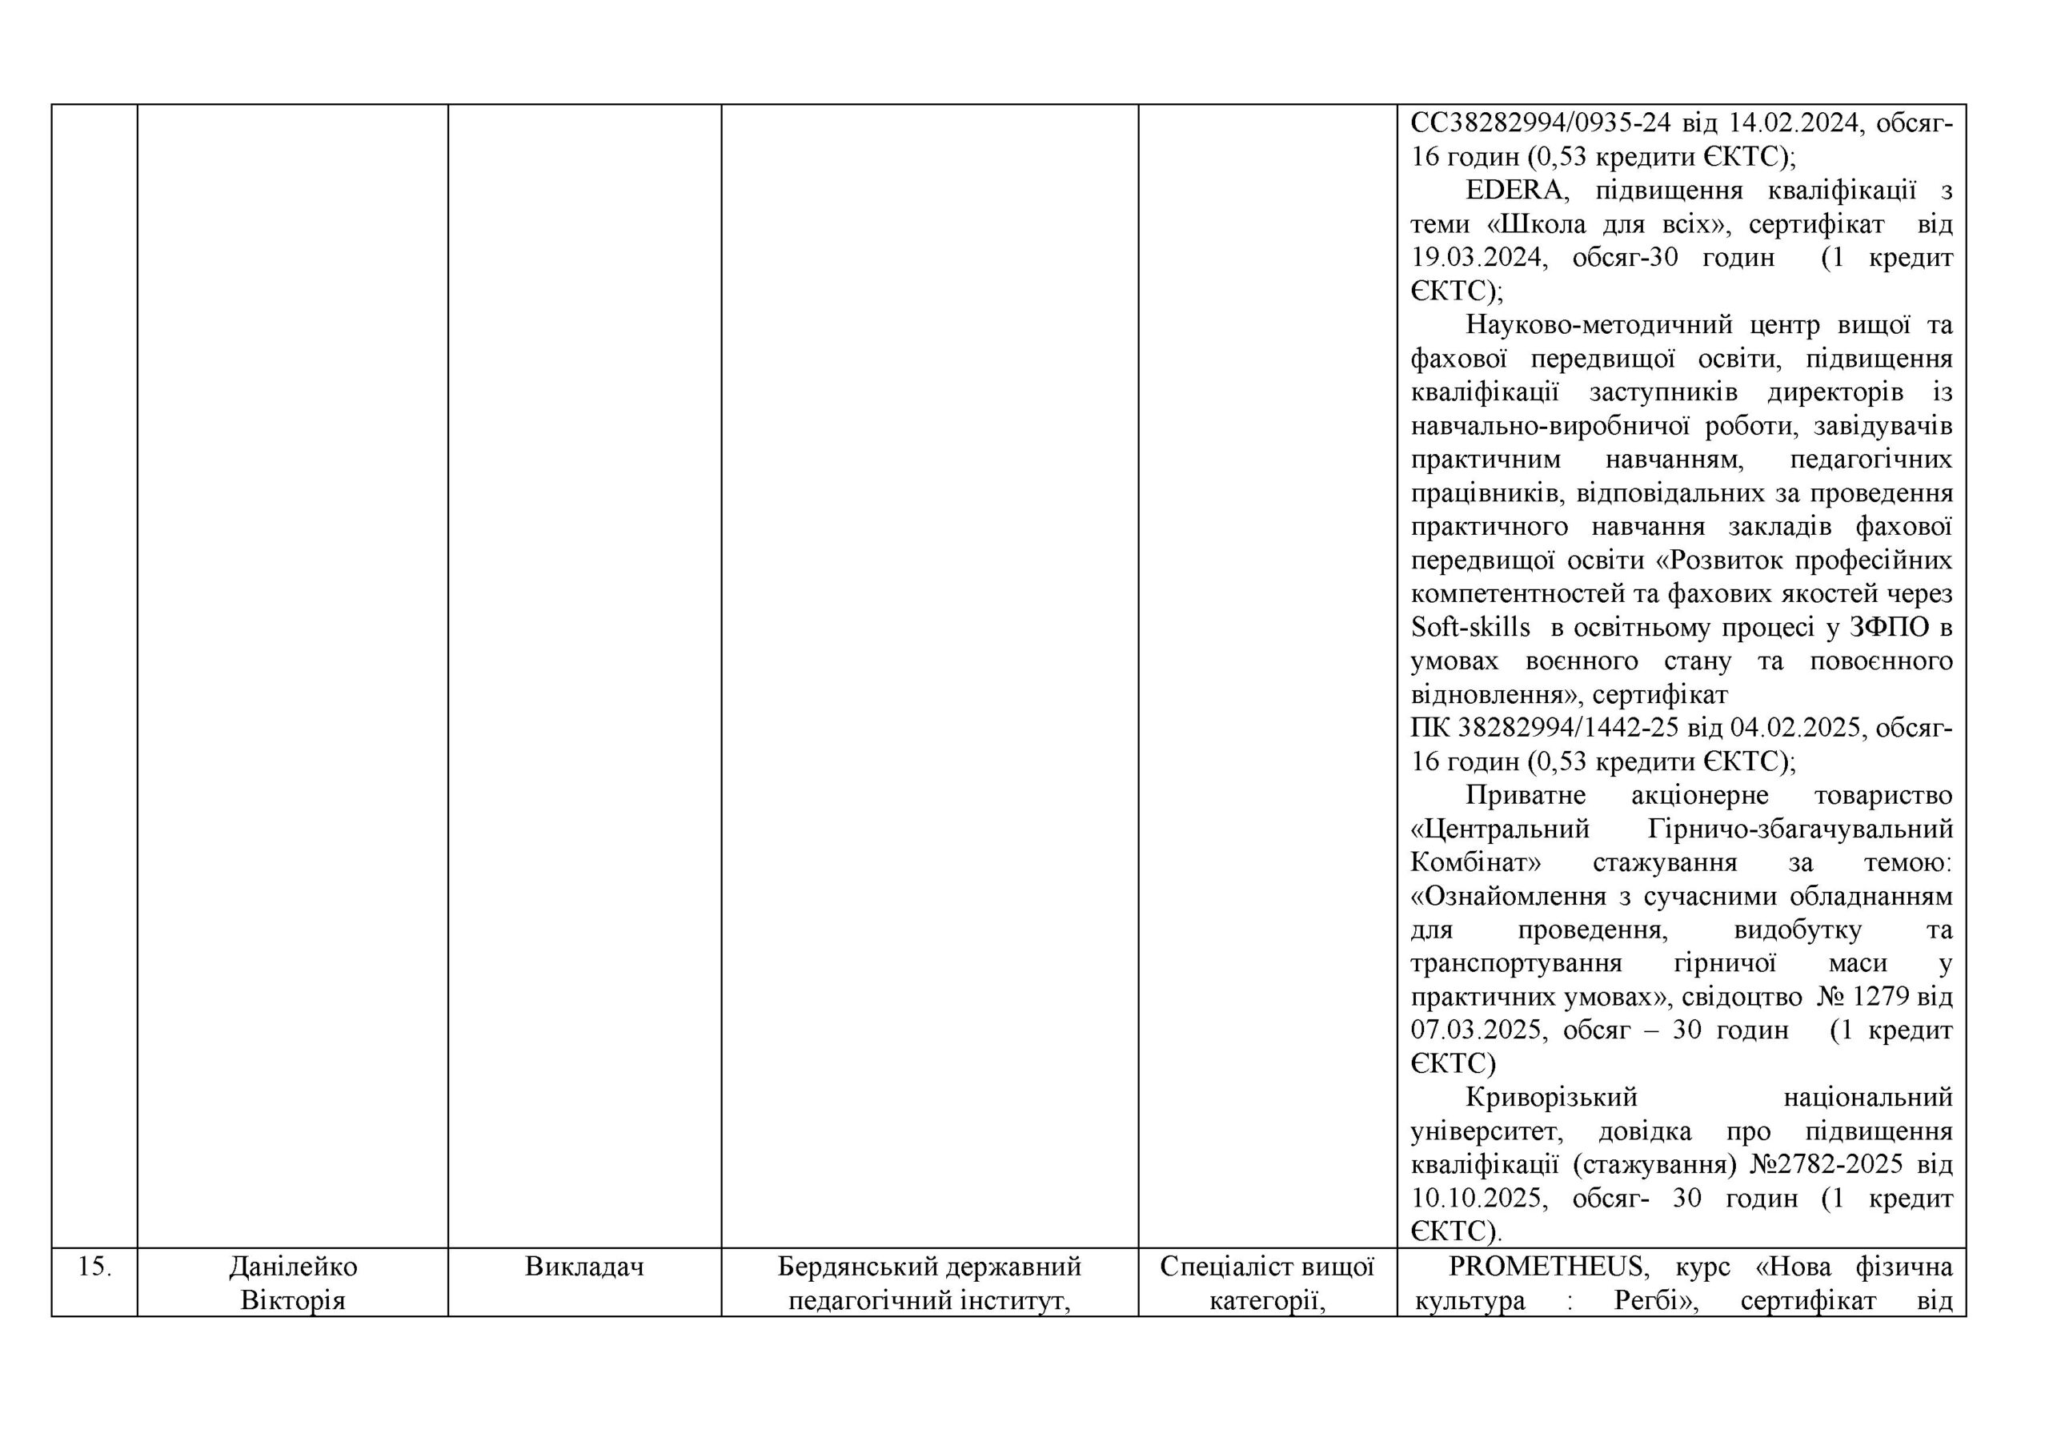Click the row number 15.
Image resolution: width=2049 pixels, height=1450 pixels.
pyautogui.click(x=94, y=1266)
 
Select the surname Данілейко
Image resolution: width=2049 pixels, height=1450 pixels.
pyautogui.click(x=293, y=1266)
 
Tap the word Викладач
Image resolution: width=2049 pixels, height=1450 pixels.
pyautogui.click(x=584, y=1266)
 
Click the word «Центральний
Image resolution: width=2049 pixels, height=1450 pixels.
pyautogui.click(x=1500, y=829)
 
